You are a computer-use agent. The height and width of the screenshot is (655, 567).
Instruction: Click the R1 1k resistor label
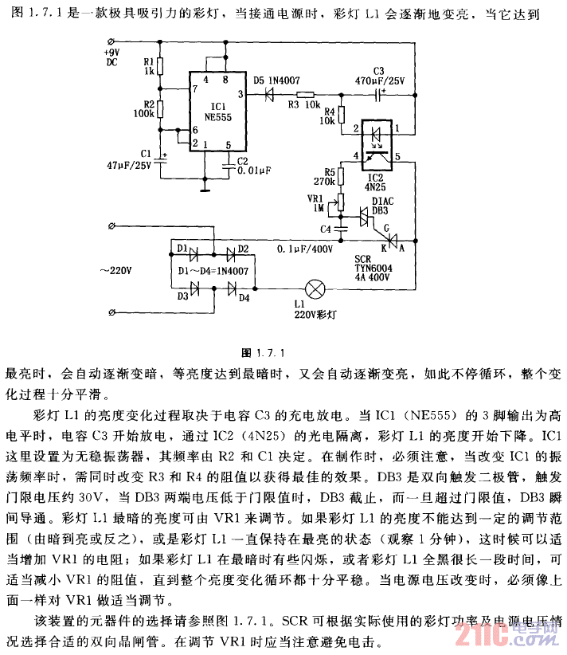(148, 66)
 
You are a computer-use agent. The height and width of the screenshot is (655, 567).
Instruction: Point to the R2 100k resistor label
(145, 109)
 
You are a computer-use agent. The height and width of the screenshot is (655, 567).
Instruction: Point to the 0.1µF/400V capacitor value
(305, 249)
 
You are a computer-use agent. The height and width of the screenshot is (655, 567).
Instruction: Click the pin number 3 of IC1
(240, 96)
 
